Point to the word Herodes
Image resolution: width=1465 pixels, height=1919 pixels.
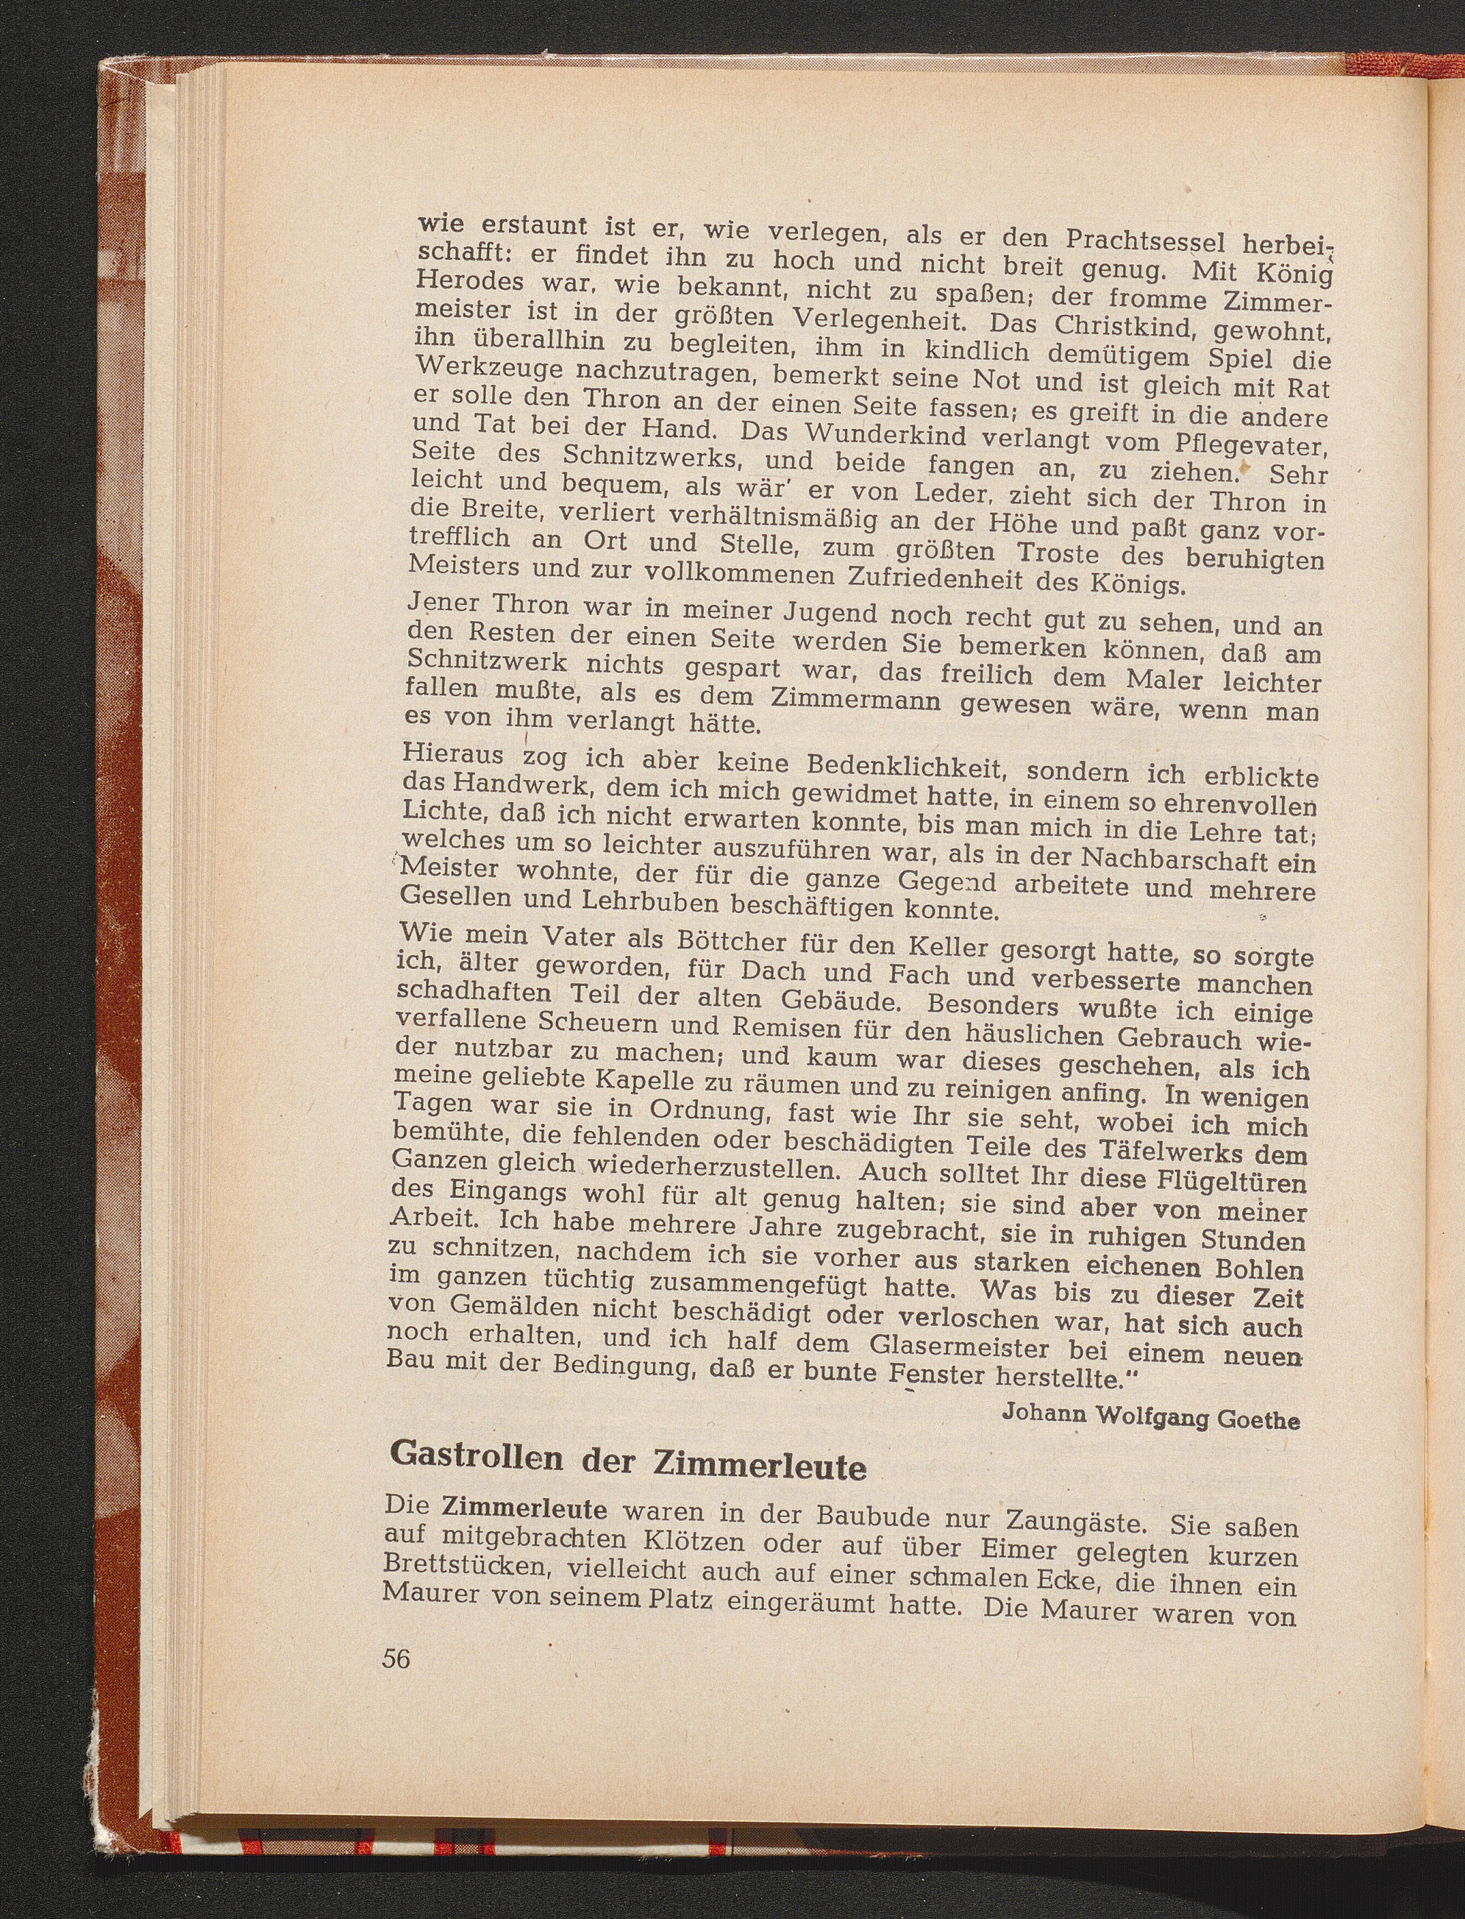coord(470,283)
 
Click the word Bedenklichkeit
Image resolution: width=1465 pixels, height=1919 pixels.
coord(907,766)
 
